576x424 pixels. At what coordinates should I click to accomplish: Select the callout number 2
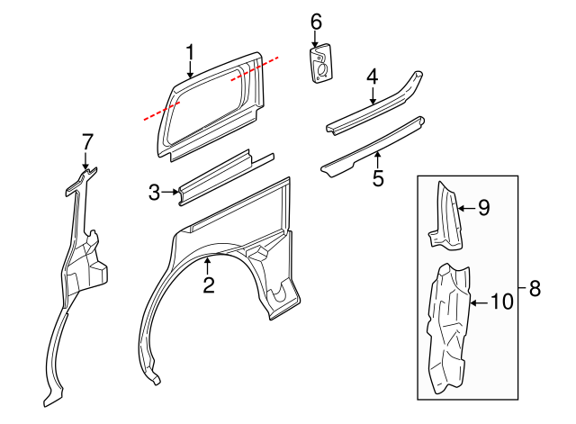click(208, 286)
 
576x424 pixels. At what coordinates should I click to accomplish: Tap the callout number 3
click(155, 192)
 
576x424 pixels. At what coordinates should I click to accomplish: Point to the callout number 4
click(372, 78)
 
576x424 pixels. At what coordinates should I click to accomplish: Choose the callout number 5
click(378, 178)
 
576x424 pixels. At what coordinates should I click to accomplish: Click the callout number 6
click(316, 21)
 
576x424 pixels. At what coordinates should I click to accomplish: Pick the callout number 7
click(87, 141)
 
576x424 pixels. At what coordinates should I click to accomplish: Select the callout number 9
click(483, 208)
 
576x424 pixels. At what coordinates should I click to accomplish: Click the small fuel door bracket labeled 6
click(319, 66)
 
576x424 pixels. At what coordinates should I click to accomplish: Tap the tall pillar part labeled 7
click(76, 270)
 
